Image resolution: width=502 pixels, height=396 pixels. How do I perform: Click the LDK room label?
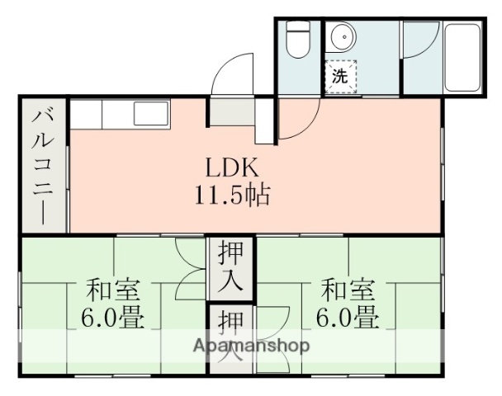[x=234, y=167]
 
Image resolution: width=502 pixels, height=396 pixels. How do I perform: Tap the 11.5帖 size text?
[x=234, y=196]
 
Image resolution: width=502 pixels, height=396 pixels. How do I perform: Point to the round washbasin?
[x=343, y=40]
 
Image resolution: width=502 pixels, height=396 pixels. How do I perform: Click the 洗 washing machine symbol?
[x=340, y=78]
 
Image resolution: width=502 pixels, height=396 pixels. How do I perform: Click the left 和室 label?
[x=114, y=291]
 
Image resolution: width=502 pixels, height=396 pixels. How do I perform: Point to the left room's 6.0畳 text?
[x=114, y=317]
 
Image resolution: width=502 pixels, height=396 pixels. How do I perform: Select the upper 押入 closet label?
[x=230, y=268]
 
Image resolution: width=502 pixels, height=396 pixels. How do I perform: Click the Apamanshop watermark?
[x=252, y=346]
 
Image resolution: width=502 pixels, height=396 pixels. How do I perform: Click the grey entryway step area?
[x=231, y=111]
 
